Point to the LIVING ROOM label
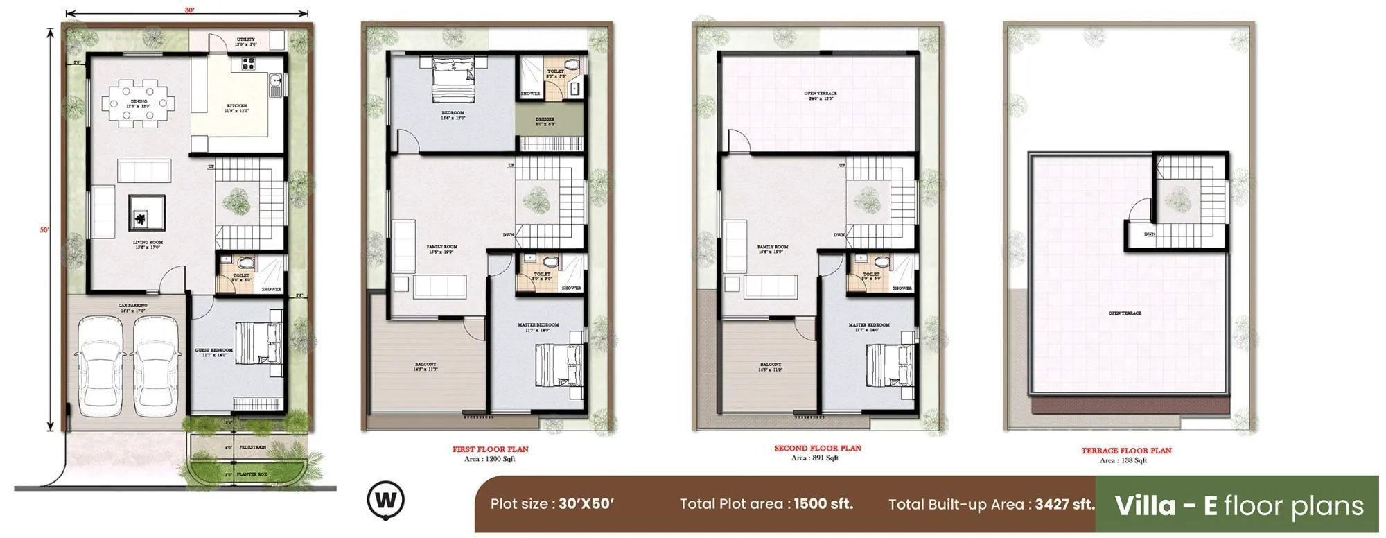148,243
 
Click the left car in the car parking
100,365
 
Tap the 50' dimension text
44,230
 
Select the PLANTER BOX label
252,474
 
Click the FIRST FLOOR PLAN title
490,449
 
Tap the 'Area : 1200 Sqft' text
489,459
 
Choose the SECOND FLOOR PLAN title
818,449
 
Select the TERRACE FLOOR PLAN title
1126,451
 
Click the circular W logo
386,500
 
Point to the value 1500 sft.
823,504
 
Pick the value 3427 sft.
1065,504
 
